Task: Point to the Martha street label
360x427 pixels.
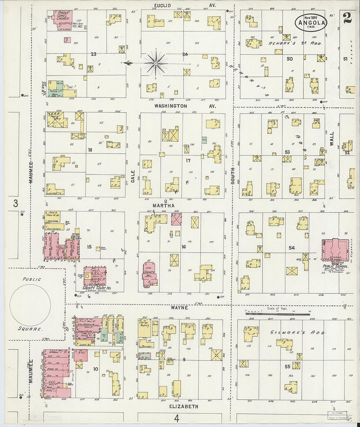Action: [164, 205]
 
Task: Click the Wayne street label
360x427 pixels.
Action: [179, 308]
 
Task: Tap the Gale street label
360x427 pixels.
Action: [134, 180]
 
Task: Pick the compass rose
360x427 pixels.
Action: [156, 62]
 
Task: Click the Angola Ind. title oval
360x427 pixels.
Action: [311, 22]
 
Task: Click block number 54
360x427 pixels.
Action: [291, 248]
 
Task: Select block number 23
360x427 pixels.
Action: [94, 54]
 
